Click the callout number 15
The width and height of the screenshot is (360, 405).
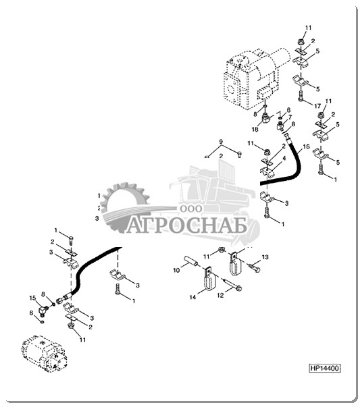(x=32, y=298)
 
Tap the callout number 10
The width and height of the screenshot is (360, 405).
(x=176, y=271)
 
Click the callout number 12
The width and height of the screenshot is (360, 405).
(x=220, y=295)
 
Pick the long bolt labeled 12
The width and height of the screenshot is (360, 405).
(x=232, y=284)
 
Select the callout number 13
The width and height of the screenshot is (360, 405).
(x=265, y=256)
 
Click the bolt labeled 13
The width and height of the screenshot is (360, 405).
(x=254, y=267)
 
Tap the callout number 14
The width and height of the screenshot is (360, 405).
(x=192, y=297)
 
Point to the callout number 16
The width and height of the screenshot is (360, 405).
(x=306, y=146)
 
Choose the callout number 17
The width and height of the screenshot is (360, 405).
(x=317, y=106)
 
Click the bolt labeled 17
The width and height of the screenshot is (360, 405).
(x=300, y=96)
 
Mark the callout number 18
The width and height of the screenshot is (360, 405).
(x=255, y=129)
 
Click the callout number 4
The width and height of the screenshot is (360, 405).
(x=284, y=159)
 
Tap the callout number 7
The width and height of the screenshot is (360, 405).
(x=290, y=117)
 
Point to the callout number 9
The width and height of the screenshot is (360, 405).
(x=221, y=142)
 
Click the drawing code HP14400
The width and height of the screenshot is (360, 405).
(x=325, y=368)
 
